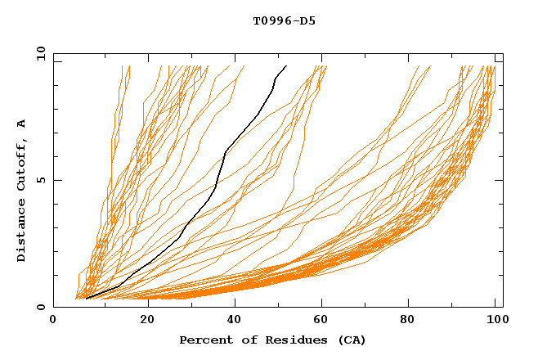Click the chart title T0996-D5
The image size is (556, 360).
284,20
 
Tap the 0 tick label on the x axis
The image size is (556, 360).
53,320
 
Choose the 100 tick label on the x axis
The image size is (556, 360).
496,320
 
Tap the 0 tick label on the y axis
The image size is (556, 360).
39,307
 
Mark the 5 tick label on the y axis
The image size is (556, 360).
39,180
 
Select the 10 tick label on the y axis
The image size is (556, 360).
39,53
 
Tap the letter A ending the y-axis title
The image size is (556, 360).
21,124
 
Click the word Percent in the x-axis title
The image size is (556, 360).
205,340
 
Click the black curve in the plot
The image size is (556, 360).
214,188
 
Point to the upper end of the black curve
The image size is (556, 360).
286,66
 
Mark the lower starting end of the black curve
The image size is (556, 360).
86,299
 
